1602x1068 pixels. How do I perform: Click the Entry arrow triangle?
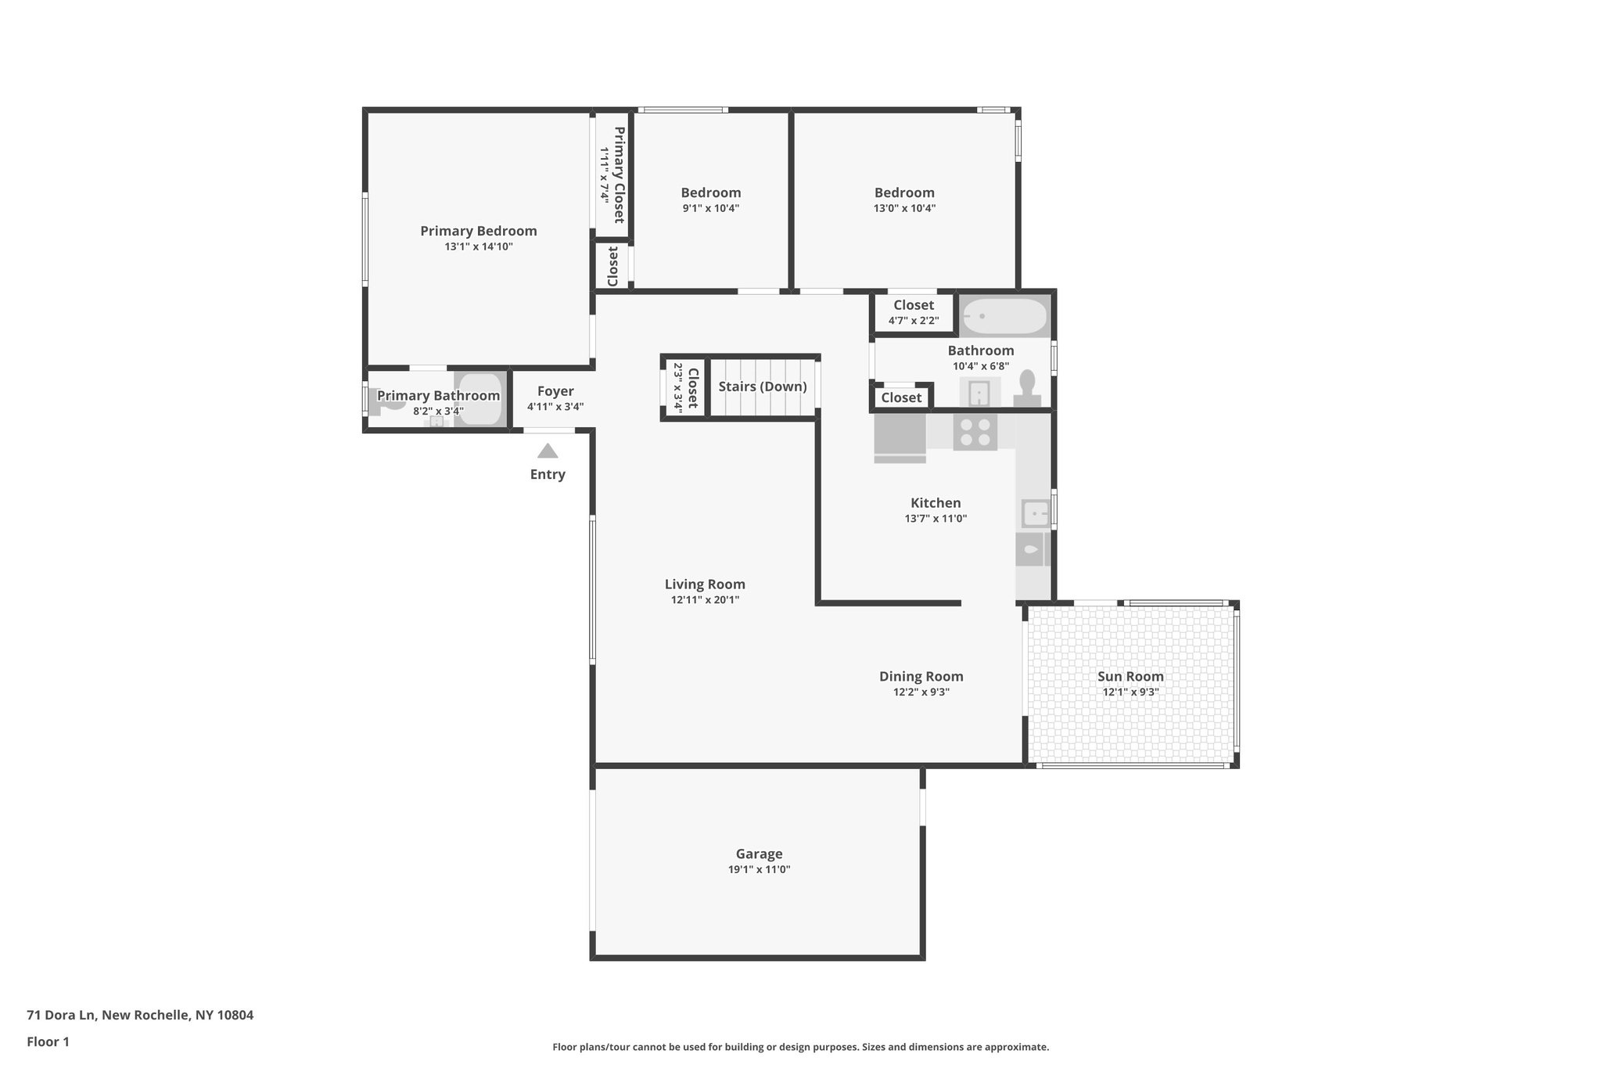click(548, 451)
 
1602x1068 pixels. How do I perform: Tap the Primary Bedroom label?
click(478, 231)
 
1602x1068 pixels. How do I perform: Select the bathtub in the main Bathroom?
click(1004, 316)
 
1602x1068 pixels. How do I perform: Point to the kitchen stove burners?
click(975, 433)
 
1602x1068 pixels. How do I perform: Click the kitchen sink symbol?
click(1035, 514)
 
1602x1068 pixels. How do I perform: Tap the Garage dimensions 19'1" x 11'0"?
click(759, 869)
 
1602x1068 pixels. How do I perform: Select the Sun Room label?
click(1130, 676)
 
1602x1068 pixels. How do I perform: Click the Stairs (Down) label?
click(762, 387)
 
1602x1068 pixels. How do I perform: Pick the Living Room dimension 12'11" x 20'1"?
click(705, 600)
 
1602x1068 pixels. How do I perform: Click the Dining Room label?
click(921, 676)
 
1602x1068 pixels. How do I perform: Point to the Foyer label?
click(555, 391)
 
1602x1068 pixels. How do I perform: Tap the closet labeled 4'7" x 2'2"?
click(913, 312)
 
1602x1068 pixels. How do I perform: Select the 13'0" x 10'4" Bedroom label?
click(904, 192)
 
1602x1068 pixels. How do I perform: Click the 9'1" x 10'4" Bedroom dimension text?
click(710, 208)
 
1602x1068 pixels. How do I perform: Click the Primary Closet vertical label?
click(619, 174)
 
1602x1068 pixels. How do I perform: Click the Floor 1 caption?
click(48, 1041)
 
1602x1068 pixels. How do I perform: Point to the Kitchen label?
click(936, 503)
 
